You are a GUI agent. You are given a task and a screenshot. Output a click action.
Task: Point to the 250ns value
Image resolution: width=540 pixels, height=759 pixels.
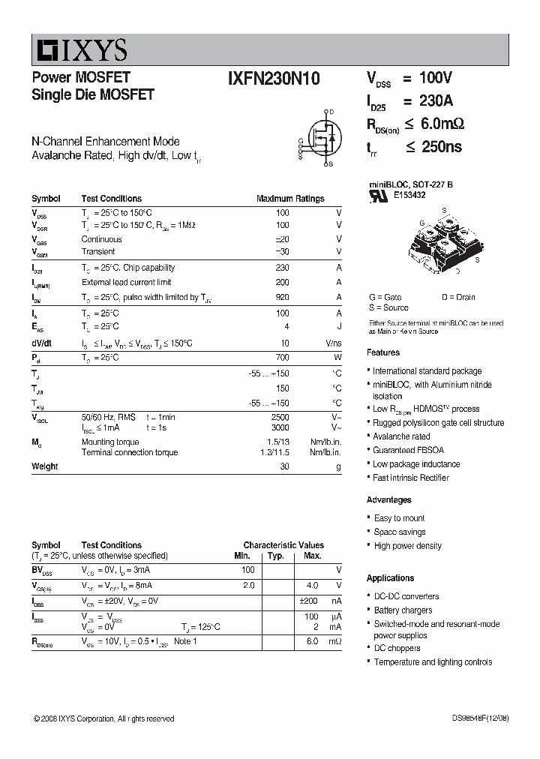click(x=441, y=148)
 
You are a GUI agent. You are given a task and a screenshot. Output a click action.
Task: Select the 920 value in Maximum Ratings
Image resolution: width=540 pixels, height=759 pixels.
click(x=282, y=298)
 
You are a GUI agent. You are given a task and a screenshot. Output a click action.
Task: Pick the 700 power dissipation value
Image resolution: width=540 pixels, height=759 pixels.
click(x=282, y=358)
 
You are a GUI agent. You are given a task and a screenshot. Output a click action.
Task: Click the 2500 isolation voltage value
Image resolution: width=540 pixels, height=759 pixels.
click(x=280, y=417)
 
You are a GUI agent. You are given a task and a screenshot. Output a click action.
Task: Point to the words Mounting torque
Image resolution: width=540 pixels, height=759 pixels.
click(x=110, y=442)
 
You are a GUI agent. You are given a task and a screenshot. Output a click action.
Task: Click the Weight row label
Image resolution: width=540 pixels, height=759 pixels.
click(x=44, y=466)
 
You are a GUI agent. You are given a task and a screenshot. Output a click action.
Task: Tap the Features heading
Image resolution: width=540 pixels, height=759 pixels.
click(x=383, y=352)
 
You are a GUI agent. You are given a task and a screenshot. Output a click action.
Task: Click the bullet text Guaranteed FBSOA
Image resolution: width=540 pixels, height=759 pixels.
click(x=408, y=450)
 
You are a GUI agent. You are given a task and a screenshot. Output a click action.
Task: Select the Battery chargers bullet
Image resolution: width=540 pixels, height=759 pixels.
click(x=403, y=610)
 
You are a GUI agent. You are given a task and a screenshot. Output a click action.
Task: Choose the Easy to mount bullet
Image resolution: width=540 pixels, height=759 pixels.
click(x=399, y=518)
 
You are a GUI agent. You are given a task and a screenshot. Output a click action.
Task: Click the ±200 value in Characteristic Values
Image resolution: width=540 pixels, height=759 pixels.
click(x=310, y=601)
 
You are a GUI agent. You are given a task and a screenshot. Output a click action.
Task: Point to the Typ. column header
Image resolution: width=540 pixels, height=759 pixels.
click(x=276, y=556)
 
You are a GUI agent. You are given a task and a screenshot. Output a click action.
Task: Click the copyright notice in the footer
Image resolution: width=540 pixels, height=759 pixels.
click(x=104, y=718)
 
